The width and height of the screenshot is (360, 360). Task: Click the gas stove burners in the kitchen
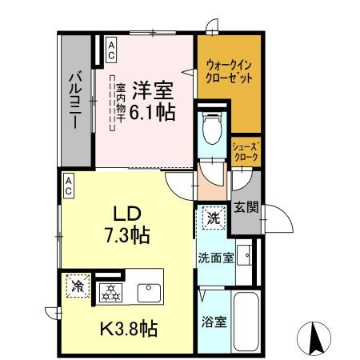pyautogui.click(x=110, y=293)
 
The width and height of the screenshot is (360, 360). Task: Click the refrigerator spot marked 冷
pyautogui.click(x=78, y=286)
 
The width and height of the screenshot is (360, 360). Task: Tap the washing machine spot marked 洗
pyautogui.click(x=212, y=217)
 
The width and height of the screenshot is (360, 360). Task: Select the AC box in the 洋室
pyautogui.click(x=110, y=50)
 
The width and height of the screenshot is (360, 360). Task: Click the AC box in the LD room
pyautogui.click(x=69, y=186)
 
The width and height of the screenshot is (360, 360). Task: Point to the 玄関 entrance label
pyautogui.click(x=246, y=209)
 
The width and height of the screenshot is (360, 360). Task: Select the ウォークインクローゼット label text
pyautogui.click(x=230, y=74)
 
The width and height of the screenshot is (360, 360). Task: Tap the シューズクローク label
pyautogui.click(x=245, y=152)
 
